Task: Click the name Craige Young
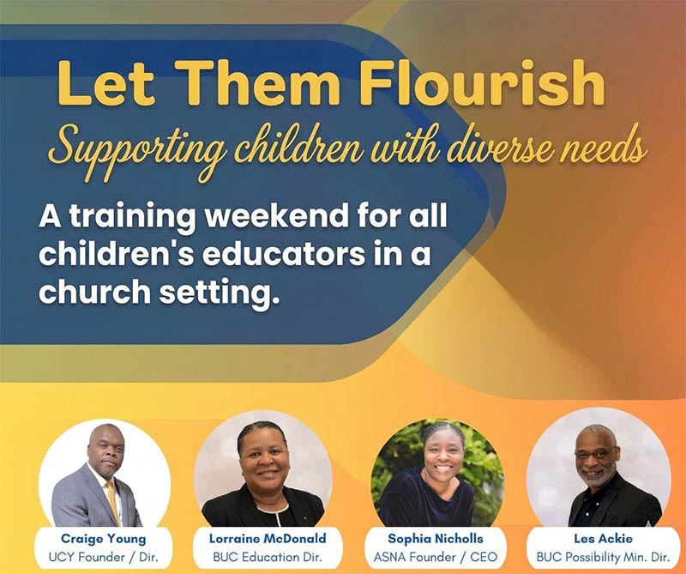click(x=104, y=539)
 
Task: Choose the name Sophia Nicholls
click(x=435, y=539)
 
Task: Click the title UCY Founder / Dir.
click(x=104, y=558)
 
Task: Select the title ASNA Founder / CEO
click(x=435, y=558)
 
